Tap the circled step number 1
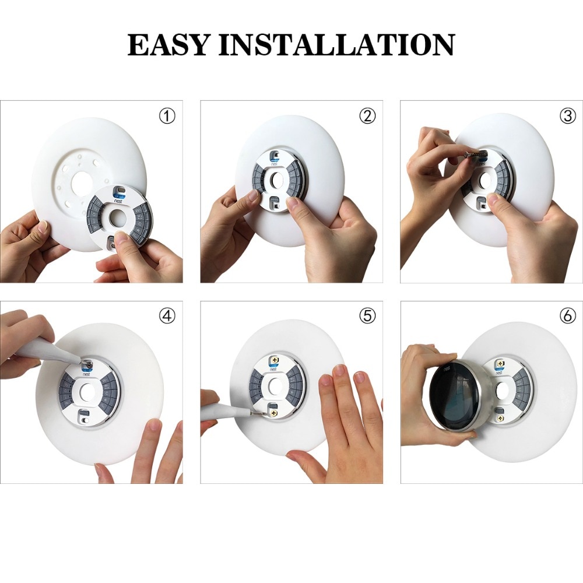click(167, 116)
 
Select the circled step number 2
click(367, 116)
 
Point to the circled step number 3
click(567, 116)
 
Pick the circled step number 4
click(167, 316)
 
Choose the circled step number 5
click(367, 316)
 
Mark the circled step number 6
click(567, 316)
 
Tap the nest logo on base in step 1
click(118, 198)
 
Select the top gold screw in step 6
click(499, 364)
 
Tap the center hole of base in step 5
click(275, 387)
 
